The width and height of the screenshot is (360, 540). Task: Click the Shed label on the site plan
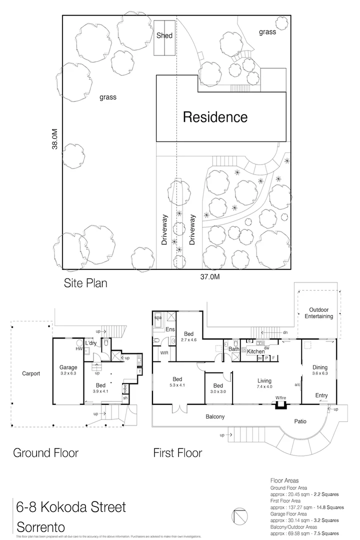click(x=164, y=35)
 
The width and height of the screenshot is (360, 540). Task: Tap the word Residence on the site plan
click(x=215, y=117)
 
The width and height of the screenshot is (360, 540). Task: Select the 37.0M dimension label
click(x=210, y=276)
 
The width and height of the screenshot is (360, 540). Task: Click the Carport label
click(x=30, y=373)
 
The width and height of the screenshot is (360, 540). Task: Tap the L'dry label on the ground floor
click(x=90, y=343)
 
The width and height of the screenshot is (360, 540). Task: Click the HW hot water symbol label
click(x=79, y=348)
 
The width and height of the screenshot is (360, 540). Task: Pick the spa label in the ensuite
click(x=157, y=317)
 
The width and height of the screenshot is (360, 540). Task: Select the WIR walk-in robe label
click(x=163, y=352)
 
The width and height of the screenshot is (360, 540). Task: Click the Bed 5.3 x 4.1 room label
click(x=177, y=382)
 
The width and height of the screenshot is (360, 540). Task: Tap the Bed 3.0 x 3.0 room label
click(x=218, y=389)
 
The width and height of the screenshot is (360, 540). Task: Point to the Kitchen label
click(x=255, y=352)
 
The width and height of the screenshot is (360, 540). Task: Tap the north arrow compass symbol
click(x=238, y=515)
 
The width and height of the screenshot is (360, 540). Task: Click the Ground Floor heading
click(x=45, y=453)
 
